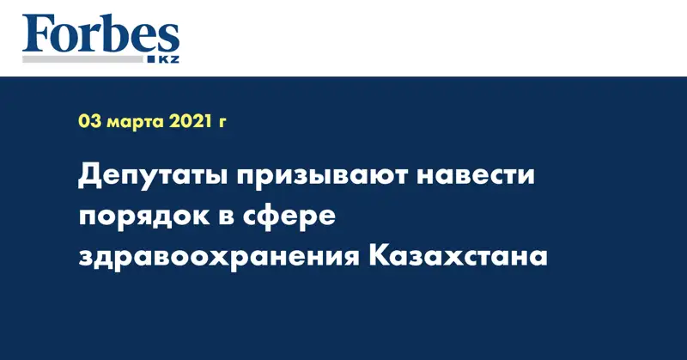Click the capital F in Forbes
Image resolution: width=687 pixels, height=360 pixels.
click(35, 35)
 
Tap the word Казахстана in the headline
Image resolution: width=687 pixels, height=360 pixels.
click(458, 257)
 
